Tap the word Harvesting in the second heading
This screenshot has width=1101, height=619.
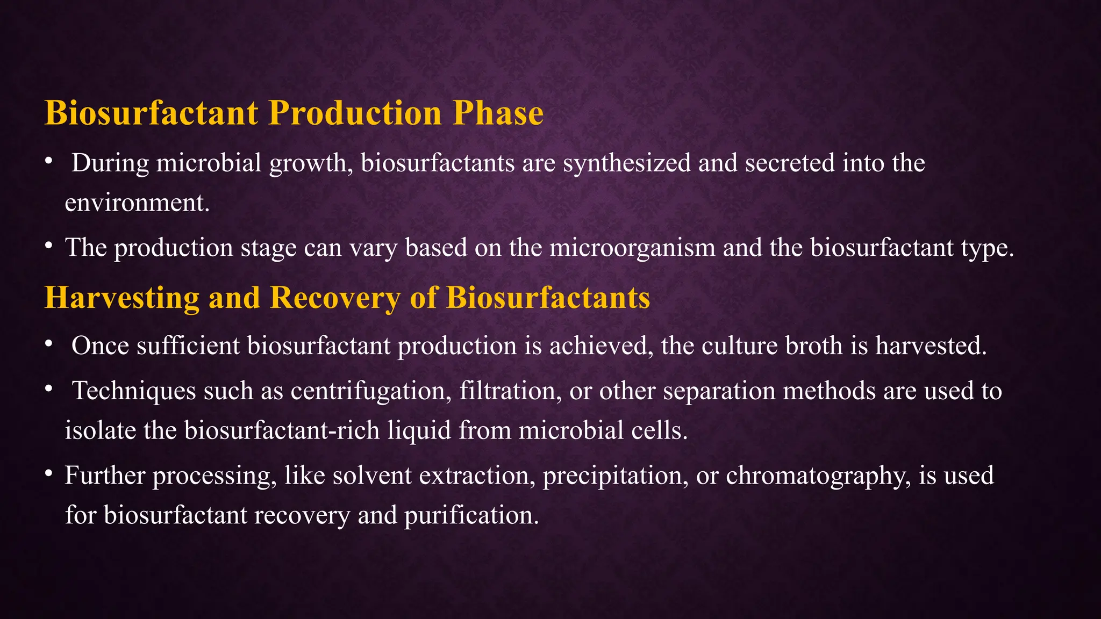tap(121, 298)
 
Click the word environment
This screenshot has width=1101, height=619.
tap(137, 203)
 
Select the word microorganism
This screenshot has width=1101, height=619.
tap(632, 248)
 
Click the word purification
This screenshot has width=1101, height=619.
tap(471, 516)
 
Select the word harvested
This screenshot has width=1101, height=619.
tap(931, 346)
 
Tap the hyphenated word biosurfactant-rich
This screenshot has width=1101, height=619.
tap(282, 430)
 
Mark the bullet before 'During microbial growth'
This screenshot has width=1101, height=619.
tap(49, 161)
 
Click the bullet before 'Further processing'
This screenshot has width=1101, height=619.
tap(49, 473)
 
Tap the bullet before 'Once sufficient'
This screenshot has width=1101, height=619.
tap(49, 343)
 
